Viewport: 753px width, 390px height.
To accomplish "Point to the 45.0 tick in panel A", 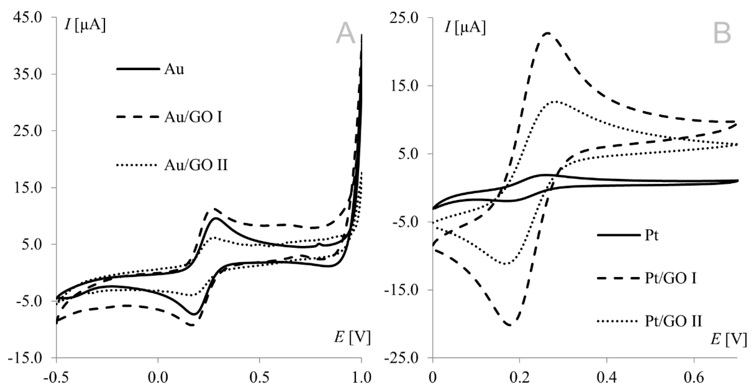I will tap(28, 18).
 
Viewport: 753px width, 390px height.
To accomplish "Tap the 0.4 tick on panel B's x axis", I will tap(607, 377).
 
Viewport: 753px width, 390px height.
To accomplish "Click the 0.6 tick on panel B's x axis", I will tap(694, 377).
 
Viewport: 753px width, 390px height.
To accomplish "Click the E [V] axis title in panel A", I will tap(352, 337).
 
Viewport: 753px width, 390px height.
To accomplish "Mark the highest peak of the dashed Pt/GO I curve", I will tap(547, 33).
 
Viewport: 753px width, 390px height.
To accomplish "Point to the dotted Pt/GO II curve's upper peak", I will tap(556, 101).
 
